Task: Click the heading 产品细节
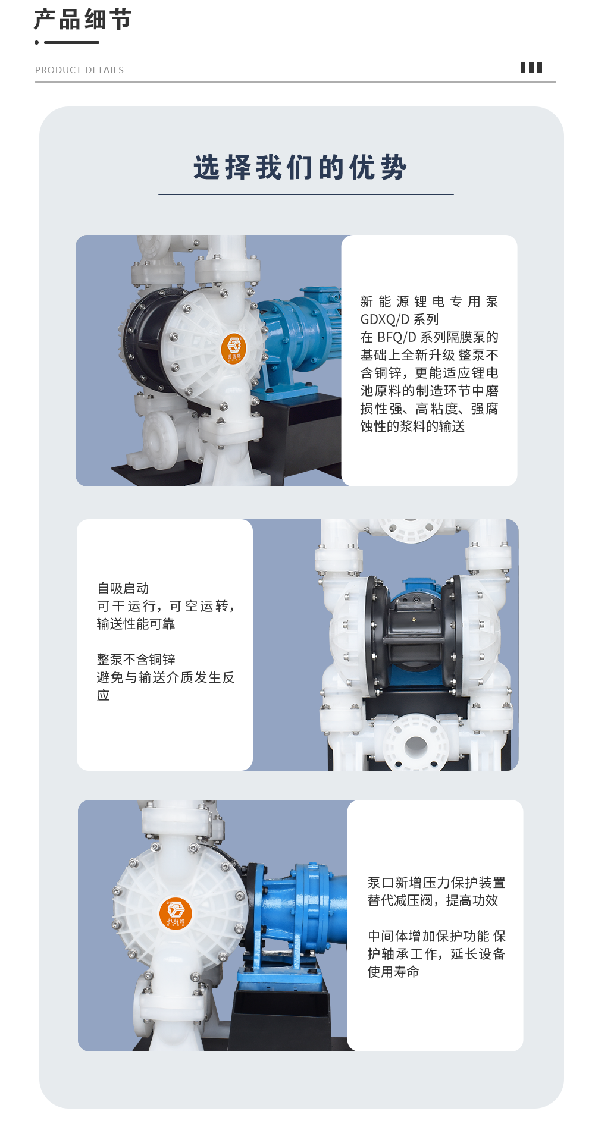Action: (x=82, y=20)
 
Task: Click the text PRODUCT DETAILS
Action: (x=79, y=70)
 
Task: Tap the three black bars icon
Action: (x=531, y=68)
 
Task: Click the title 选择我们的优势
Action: (x=300, y=167)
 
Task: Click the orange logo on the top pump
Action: (x=233, y=349)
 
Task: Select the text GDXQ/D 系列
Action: (x=399, y=319)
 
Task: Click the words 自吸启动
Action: (x=123, y=588)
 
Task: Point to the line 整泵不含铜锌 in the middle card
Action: (x=136, y=660)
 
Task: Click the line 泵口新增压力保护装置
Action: (x=436, y=883)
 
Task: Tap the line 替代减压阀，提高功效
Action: (x=433, y=900)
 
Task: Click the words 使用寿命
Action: (x=393, y=972)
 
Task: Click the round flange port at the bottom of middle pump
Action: (x=415, y=744)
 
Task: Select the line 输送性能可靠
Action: (x=136, y=624)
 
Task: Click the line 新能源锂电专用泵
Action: (x=429, y=302)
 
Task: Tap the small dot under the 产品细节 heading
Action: (x=37, y=42)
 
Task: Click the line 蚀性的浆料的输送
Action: (x=412, y=426)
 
